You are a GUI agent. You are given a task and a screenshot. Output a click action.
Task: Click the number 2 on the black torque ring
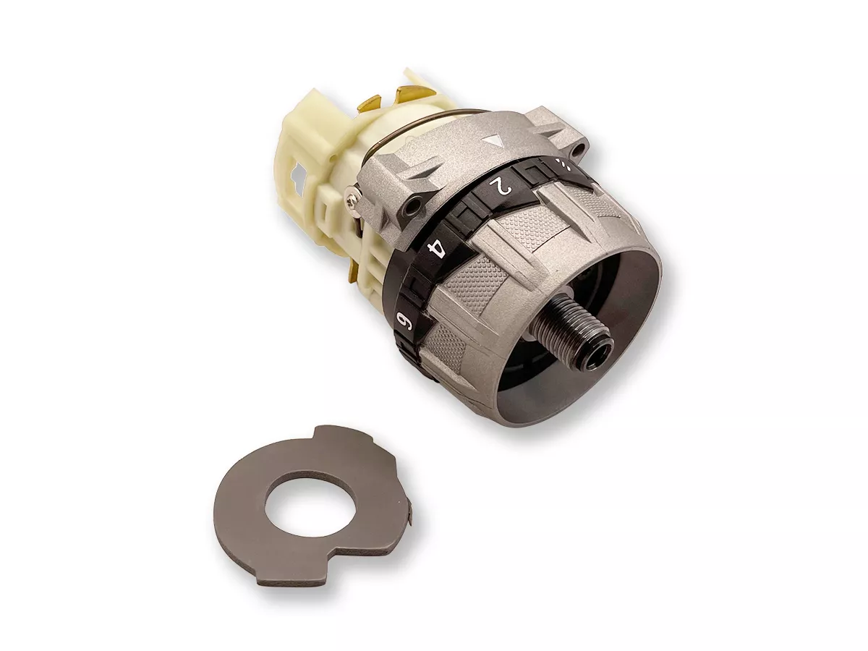point(500,186)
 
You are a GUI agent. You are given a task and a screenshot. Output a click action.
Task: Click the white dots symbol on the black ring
point(563,163)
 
